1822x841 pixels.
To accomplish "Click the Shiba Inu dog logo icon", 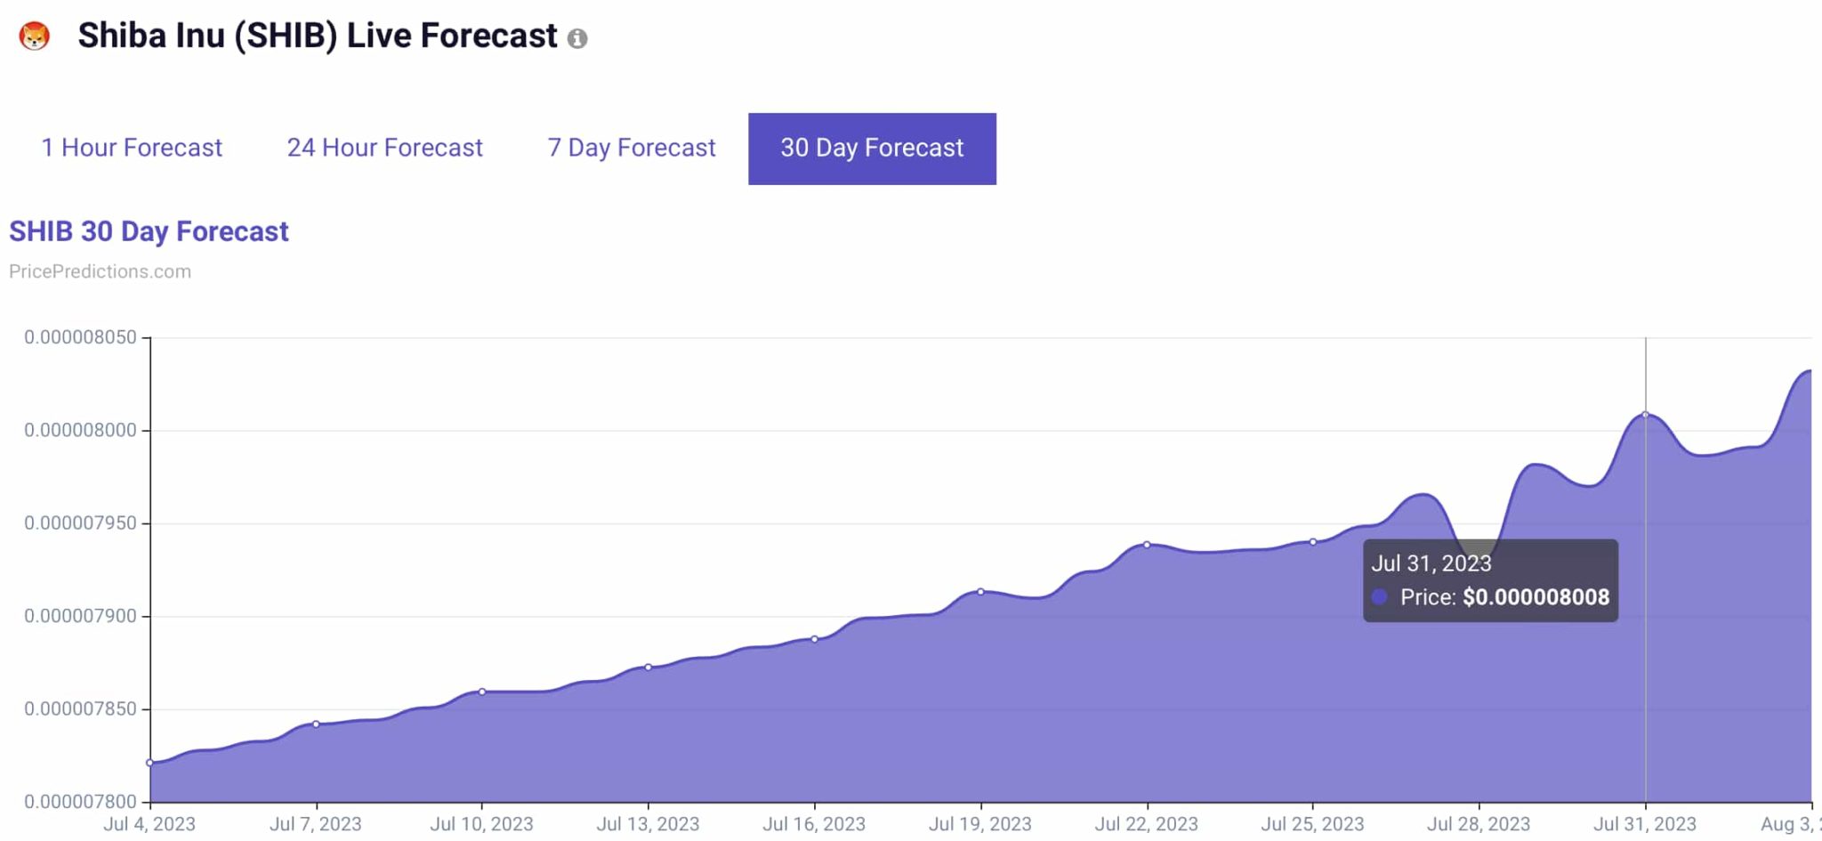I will coord(35,36).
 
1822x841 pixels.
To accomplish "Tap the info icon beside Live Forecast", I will coord(577,38).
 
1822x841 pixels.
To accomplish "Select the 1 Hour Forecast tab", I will coord(132,148).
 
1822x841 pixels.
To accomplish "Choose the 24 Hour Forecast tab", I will coord(384,148).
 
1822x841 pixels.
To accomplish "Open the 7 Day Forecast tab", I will coord(631,148).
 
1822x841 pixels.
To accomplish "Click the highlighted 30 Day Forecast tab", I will coord(872,149).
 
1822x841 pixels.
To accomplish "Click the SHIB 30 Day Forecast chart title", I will coord(149,231).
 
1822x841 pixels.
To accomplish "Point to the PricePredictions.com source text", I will coord(100,271).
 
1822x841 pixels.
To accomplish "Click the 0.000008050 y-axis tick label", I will coord(80,337).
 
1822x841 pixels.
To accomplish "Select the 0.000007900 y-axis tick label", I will coord(80,616).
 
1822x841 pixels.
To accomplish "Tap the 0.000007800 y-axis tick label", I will coord(80,801).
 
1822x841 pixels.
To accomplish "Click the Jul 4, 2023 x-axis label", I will coord(149,824).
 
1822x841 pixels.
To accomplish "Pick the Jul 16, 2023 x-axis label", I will coord(814,824).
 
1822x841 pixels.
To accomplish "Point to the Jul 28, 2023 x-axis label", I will coord(1479,824).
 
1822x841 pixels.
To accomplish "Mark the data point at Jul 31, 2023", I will coord(1645,415).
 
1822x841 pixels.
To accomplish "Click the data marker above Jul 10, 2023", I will coord(482,691).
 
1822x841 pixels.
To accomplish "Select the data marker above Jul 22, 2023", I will coord(1147,545).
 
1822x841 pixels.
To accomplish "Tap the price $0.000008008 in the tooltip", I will coord(1536,597).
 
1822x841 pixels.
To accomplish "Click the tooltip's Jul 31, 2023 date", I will coord(1431,563).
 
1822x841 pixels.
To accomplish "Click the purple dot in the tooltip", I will coord(1380,597).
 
